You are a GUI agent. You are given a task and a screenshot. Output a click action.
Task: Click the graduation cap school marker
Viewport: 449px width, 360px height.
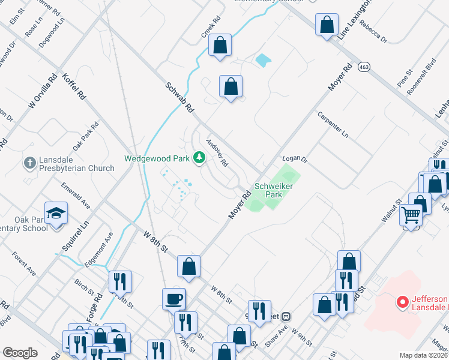tap(56, 213)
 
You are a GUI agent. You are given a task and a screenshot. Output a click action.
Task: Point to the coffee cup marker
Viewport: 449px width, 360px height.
tap(174, 298)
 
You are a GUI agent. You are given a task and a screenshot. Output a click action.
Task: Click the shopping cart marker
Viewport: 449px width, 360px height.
tap(411, 214)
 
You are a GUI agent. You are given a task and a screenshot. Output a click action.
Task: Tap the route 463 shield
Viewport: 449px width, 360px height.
tap(364, 67)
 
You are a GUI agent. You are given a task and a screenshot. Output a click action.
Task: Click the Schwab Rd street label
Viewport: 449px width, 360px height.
tap(179, 99)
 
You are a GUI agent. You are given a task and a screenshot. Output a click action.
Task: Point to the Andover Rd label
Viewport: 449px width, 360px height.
tap(217, 153)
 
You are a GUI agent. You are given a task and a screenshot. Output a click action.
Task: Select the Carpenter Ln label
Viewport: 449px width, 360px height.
tap(333, 125)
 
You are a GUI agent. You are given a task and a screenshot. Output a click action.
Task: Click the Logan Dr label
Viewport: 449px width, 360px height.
tap(295, 160)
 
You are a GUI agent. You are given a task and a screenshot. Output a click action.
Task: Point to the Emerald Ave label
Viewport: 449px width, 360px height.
tap(74, 197)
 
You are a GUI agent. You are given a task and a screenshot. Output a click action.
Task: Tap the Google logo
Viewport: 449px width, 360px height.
tap(20, 352)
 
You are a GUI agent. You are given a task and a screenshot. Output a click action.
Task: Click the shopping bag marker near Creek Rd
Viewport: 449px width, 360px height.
tap(220, 45)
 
